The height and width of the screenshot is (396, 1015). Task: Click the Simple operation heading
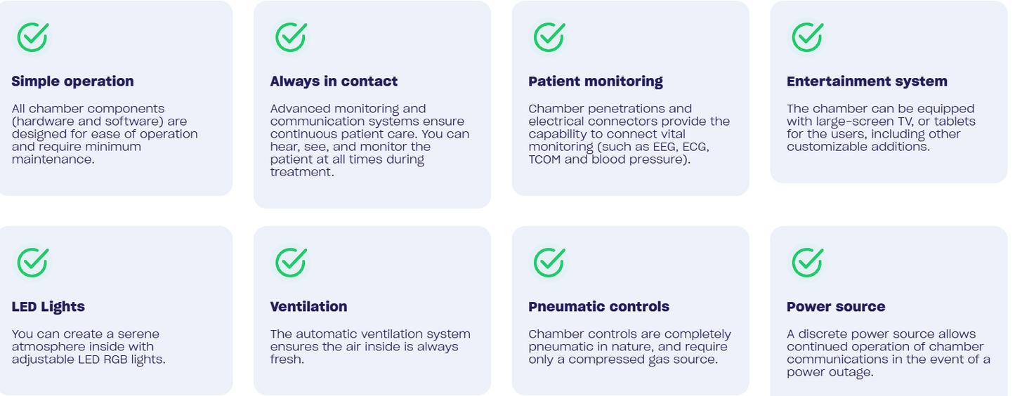pos(72,81)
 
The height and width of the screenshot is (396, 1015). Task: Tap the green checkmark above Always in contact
pos(291,37)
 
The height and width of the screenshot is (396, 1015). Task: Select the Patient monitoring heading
pos(596,81)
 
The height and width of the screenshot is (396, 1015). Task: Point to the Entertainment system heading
pos(867,81)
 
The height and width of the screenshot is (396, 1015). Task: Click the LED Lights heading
pos(48,306)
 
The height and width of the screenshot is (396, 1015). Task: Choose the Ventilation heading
pos(308,306)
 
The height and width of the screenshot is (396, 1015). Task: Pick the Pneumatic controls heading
pos(598,306)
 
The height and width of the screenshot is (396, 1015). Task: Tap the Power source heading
pos(836,306)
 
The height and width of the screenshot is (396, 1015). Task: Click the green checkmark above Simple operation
pos(32,37)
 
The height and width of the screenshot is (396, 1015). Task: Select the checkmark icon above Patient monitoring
pos(549,37)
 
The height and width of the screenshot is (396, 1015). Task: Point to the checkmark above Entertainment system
pos(808,37)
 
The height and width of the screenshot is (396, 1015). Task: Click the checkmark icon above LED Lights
pos(32,263)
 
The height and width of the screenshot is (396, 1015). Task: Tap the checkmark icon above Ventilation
pos(291,263)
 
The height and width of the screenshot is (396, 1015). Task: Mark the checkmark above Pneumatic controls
pos(549,263)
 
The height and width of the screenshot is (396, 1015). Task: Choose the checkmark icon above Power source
pos(808,263)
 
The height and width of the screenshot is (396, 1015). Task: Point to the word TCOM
pos(544,159)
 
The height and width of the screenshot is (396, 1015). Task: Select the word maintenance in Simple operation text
pos(53,159)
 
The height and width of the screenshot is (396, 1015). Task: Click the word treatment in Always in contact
pos(302,172)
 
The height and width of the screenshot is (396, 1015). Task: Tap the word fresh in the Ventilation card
pos(287,359)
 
